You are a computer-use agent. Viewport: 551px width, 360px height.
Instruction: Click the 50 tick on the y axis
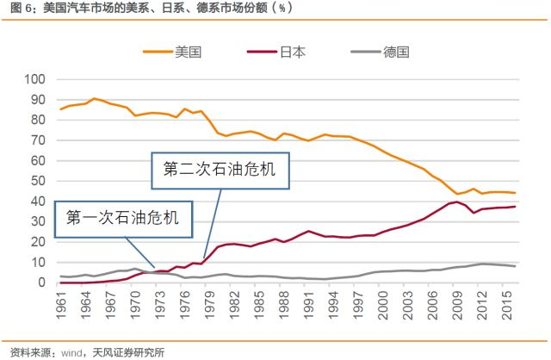(x=36, y=181)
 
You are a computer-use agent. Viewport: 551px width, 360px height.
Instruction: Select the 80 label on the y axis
(x=36, y=120)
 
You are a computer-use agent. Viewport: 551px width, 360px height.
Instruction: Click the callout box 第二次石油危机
(x=220, y=171)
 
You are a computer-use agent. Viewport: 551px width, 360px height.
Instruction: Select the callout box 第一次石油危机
(x=122, y=219)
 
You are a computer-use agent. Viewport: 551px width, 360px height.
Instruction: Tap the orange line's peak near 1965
(x=95, y=98)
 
